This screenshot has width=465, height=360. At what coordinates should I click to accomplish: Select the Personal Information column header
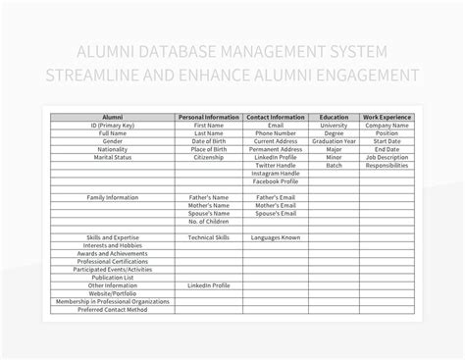(208, 118)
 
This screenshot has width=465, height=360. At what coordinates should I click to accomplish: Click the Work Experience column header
(386, 118)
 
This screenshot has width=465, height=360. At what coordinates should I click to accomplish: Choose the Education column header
(334, 118)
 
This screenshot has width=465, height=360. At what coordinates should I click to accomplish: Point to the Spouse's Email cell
(275, 213)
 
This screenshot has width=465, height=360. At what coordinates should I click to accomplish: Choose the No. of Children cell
(208, 221)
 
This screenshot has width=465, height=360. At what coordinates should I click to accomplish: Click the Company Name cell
(386, 126)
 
